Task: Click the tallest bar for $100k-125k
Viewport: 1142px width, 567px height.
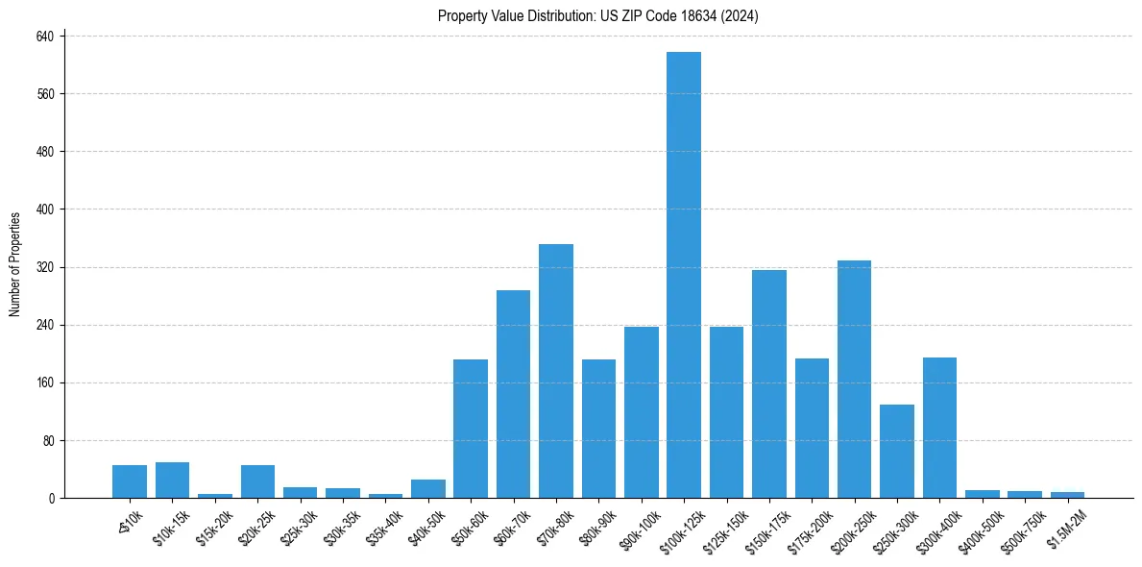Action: [684, 275]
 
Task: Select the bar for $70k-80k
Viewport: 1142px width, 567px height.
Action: [556, 371]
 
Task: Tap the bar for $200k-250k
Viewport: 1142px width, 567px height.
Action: [854, 379]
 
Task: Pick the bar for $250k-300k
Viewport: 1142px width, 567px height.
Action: [897, 451]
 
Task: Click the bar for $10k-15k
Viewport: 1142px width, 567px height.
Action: [172, 480]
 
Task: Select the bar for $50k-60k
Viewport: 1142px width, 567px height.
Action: [471, 429]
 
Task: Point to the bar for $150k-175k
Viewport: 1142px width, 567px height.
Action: [769, 383]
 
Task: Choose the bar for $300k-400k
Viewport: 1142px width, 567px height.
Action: [939, 428]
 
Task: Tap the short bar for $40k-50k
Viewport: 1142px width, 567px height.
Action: [427, 488]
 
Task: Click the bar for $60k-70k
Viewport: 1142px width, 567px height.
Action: [513, 394]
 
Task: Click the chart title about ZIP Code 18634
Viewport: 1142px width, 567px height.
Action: [598, 15]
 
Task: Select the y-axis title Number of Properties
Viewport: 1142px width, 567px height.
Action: [15, 264]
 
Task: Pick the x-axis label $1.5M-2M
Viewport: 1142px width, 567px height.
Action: [1064, 528]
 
